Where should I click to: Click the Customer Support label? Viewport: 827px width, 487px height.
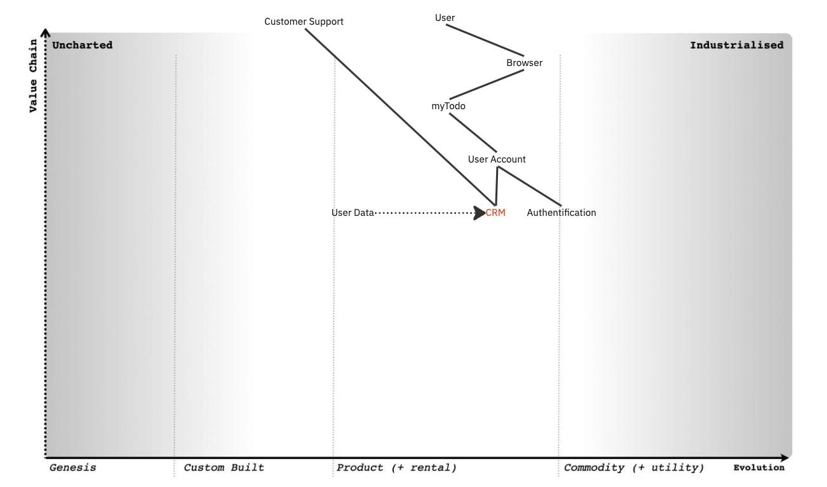[x=304, y=22]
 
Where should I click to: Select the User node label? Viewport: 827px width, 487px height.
[x=445, y=18]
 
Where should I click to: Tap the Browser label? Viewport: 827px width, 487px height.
[x=524, y=63]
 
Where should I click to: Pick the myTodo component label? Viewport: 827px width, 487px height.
[x=448, y=106]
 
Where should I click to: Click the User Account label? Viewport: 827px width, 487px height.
[x=497, y=159]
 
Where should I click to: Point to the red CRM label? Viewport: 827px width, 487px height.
[x=496, y=213]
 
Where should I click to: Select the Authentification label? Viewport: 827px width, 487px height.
[x=561, y=213]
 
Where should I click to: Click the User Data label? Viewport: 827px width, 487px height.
[x=353, y=213]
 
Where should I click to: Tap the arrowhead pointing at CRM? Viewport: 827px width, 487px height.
[x=480, y=213]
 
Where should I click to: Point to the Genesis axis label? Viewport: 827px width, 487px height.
[x=73, y=468]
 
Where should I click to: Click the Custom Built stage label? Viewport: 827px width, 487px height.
[x=224, y=468]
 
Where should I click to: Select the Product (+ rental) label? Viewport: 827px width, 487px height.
[x=396, y=468]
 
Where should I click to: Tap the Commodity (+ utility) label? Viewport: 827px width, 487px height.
[x=634, y=468]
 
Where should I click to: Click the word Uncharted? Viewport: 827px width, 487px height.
[x=82, y=45]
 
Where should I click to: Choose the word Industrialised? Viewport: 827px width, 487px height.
[x=736, y=45]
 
